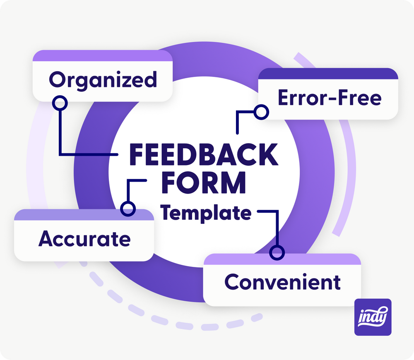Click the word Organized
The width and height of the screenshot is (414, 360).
(x=103, y=80)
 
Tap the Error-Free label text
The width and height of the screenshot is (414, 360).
(x=330, y=98)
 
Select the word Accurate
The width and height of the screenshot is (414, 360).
(x=84, y=239)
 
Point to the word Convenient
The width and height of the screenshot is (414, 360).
(x=282, y=282)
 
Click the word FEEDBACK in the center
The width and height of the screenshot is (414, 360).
(x=204, y=154)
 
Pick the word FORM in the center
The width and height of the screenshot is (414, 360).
(x=204, y=182)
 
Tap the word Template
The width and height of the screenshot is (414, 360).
(x=206, y=213)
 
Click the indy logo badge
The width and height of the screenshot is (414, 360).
(x=373, y=317)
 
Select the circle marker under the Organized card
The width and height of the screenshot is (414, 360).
(x=60, y=103)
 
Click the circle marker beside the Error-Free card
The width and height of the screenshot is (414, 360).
(x=261, y=112)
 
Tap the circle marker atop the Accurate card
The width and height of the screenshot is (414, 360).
(x=128, y=209)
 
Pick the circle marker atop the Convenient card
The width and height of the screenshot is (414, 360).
(x=277, y=252)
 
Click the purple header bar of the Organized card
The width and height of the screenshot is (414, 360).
(x=103, y=56)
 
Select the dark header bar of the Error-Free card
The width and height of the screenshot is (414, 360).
(x=328, y=74)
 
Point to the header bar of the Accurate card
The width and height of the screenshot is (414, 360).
(x=84, y=215)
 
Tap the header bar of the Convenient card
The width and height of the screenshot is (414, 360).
(x=282, y=259)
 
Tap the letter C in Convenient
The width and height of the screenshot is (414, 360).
(x=232, y=282)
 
